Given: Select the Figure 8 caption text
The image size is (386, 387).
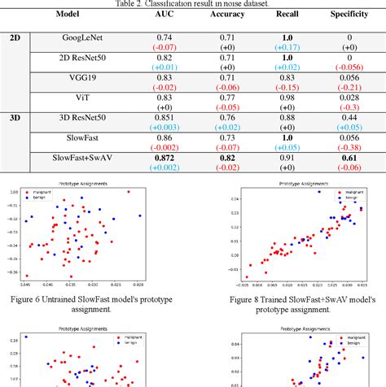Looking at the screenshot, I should (289, 306).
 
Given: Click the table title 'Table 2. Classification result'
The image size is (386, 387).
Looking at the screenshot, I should (193, 3).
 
